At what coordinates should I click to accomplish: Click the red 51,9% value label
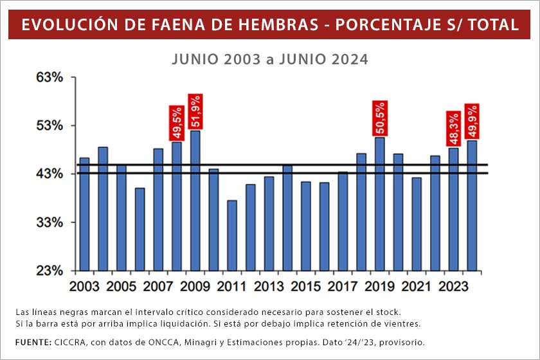[195, 111]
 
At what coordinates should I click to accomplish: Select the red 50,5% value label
[380, 118]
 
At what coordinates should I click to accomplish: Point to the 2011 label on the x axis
[231, 285]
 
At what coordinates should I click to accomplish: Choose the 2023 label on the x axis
[453, 285]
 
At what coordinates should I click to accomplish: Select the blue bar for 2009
[195, 200]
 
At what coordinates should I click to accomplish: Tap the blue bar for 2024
[472, 205]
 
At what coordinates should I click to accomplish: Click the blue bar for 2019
[380, 204]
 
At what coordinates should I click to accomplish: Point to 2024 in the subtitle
[350, 59]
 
